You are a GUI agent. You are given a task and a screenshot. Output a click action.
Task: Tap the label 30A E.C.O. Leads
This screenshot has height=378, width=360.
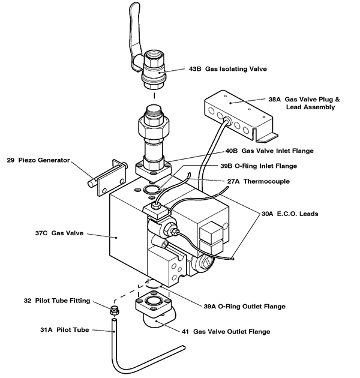pos(292,213)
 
